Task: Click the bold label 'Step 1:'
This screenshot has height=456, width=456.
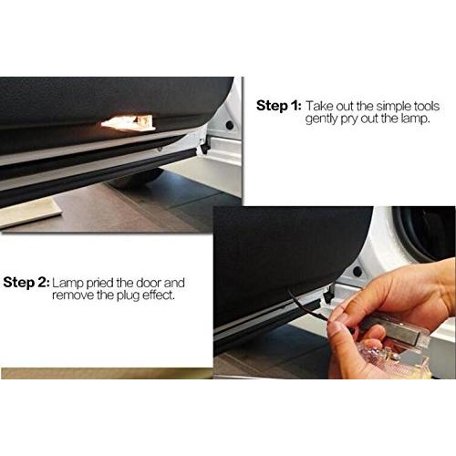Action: (x=278, y=106)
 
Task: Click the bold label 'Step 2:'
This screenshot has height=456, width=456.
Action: (x=26, y=283)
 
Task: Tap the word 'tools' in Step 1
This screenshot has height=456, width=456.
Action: (x=427, y=106)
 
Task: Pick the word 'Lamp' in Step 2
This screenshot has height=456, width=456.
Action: (x=67, y=283)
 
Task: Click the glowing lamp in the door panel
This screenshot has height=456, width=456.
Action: (x=128, y=122)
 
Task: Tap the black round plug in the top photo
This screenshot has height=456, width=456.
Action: (x=230, y=125)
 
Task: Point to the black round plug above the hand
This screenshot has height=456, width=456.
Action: (x=358, y=272)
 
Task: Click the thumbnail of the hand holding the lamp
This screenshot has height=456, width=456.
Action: (x=335, y=292)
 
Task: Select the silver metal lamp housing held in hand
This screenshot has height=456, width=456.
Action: (x=395, y=330)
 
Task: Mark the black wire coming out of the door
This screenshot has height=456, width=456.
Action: (x=307, y=307)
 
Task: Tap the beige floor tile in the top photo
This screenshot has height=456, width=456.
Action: (x=29, y=212)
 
